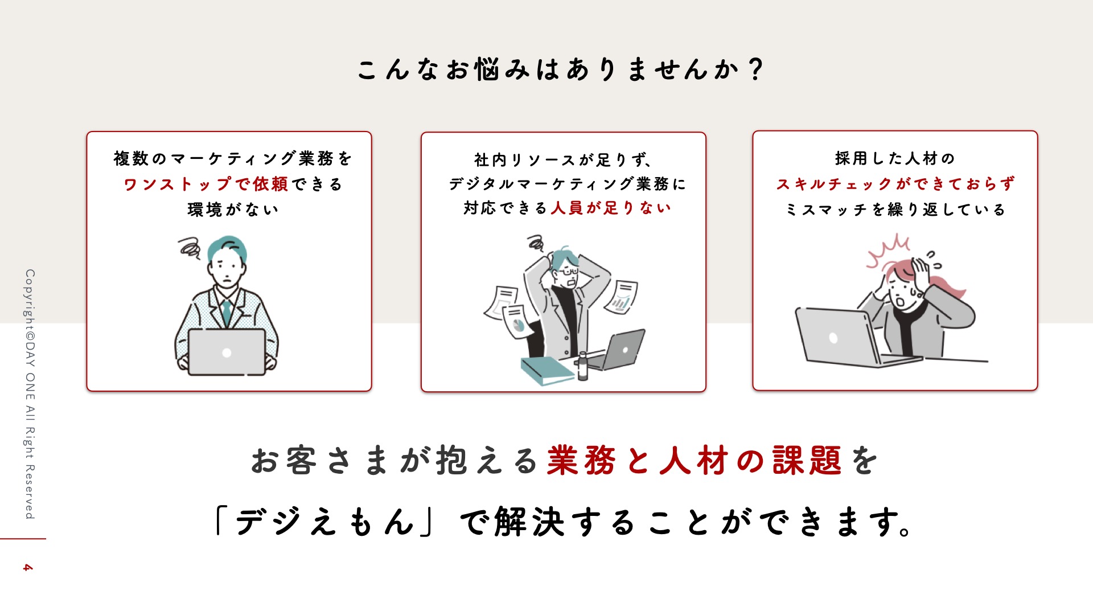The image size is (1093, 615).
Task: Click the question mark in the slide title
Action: point(756,69)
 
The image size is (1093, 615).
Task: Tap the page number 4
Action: point(27,568)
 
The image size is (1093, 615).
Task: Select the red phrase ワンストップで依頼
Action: point(206,184)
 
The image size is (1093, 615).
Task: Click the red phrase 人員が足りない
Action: point(611,208)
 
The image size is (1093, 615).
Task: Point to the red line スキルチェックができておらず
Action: point(895,184)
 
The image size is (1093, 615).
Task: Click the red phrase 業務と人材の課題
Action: point(694,460)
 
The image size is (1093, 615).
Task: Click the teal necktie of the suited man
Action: point(227,312)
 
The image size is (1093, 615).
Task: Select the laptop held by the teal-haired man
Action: point(227,352)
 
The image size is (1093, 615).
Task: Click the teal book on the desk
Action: point(547,371)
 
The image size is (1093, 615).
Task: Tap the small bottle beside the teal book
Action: point(582,366)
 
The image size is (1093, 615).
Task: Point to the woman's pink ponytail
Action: point(946,285)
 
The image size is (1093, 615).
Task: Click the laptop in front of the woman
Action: point(854,337)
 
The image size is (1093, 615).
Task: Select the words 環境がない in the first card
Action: point(233,210)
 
